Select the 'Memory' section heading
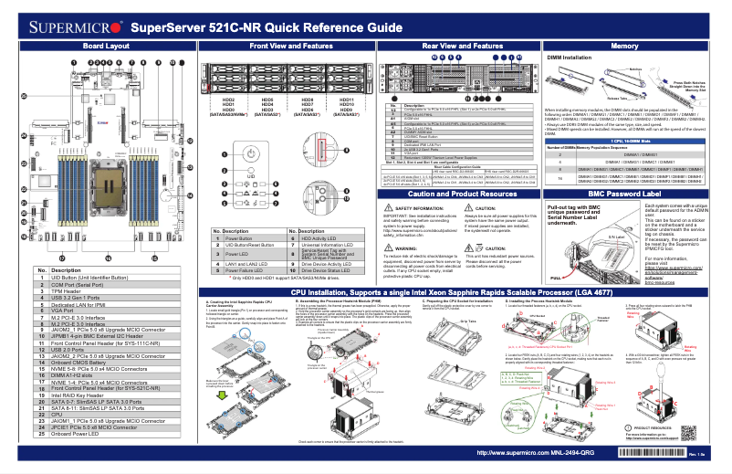624,45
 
